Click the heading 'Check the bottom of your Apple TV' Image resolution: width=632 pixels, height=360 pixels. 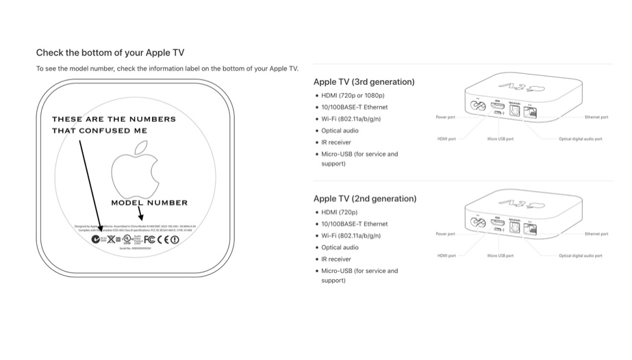point(110,53)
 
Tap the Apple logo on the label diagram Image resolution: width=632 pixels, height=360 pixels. point(140,170)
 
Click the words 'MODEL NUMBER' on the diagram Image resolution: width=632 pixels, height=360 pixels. point(149,203)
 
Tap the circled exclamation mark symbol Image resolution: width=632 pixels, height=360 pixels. point(175,240)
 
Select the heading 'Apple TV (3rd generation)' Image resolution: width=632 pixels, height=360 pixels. point(364,82)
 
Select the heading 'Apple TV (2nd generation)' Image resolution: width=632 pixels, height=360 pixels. point(364,198)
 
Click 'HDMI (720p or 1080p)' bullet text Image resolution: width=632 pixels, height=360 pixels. point(353,95)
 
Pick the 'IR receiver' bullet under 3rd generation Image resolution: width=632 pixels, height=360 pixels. point(336,142)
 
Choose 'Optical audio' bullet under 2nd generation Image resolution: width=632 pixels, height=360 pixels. point(340,247)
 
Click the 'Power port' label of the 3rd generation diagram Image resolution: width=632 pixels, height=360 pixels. point(446,118)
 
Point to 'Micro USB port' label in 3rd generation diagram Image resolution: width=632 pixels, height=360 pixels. point(500,139)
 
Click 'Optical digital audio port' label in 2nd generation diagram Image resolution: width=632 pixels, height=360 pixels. point(580,256)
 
